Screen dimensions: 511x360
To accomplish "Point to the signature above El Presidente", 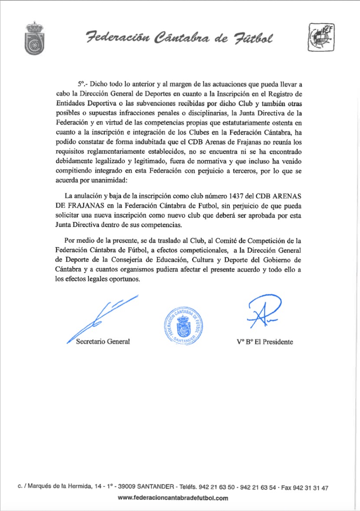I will pos(262,311).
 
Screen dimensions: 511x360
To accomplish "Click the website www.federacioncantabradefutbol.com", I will pos(173,498).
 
